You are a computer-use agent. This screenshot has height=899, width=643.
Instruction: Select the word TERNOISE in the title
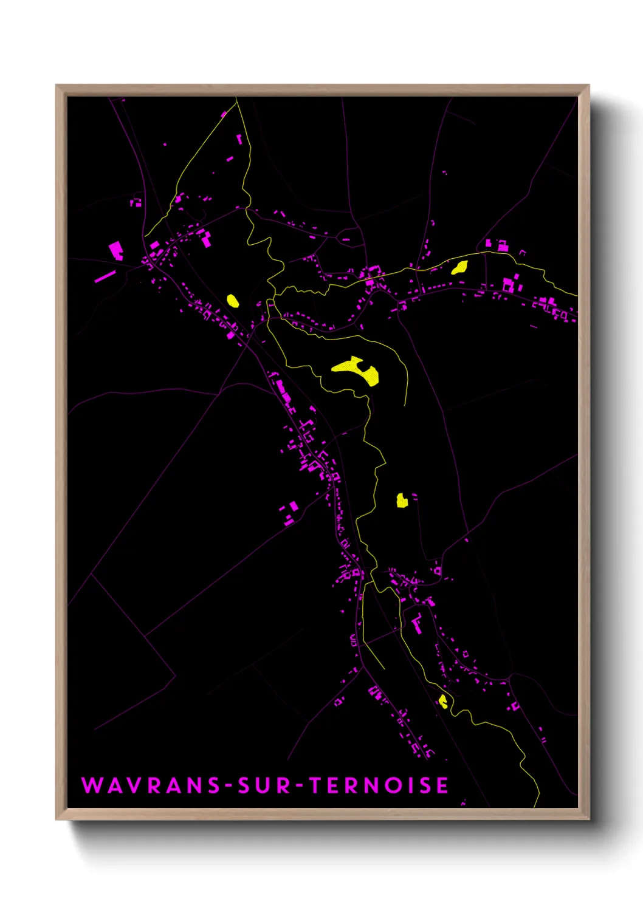379,785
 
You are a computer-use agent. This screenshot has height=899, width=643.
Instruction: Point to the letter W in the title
93,785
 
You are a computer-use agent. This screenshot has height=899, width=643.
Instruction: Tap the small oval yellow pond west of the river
232,300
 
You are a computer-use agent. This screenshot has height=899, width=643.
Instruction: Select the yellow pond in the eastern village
459,267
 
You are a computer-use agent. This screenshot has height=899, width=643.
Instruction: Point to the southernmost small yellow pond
443,702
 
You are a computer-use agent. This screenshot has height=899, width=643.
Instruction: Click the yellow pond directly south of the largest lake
401,501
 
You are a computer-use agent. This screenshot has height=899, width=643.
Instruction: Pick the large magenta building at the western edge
115,250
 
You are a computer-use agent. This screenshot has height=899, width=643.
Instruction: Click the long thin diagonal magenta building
105,276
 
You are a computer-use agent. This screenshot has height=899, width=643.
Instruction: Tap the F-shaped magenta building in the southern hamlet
418,624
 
